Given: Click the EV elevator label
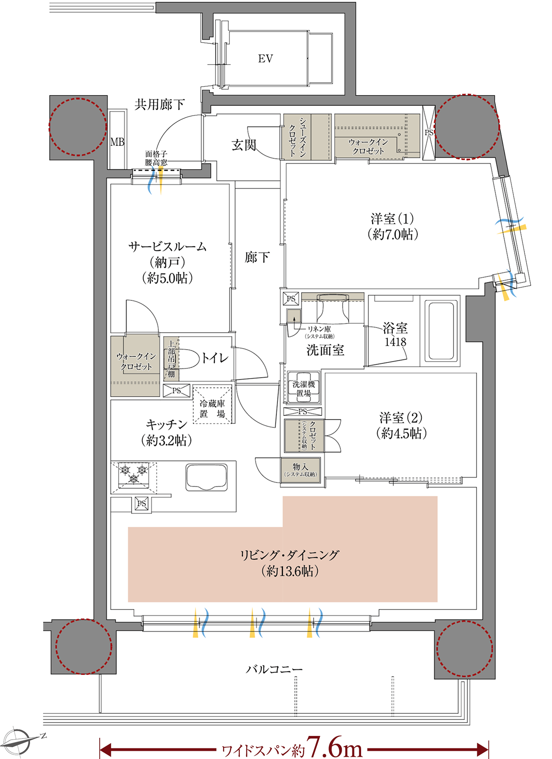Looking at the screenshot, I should tap(265, 59).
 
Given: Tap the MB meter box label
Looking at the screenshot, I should tap(117, 142).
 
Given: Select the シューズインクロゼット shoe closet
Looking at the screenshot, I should tap(297, 137).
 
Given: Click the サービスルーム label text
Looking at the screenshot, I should tap(167, 247).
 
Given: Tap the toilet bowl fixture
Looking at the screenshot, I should tap(187, 358).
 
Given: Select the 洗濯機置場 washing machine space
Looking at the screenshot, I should tap(303, 389).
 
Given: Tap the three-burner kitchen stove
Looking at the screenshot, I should tap(133, 474).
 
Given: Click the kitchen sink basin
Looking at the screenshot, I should tap(207, 477).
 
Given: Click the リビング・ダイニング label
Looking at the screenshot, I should tap(289, 555).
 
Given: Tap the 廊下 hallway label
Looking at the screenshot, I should tap(257, 258).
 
